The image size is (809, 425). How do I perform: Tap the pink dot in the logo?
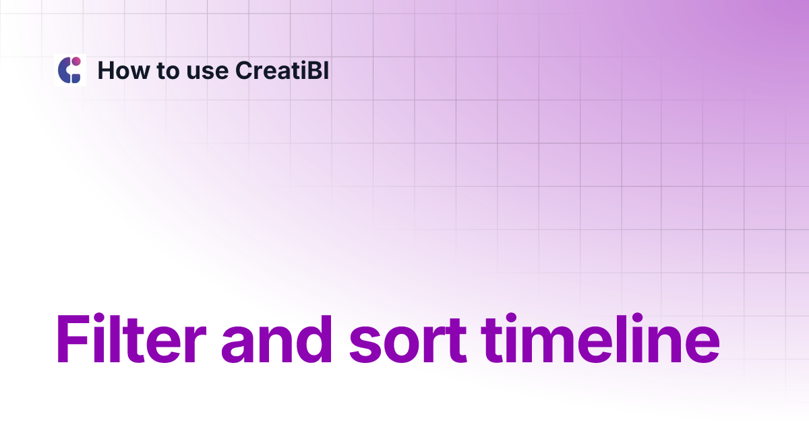[76, 61]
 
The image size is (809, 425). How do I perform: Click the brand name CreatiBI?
[282, 70]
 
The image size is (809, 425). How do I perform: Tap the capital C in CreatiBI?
[244, 70]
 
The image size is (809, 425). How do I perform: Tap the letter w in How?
[141, 72]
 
